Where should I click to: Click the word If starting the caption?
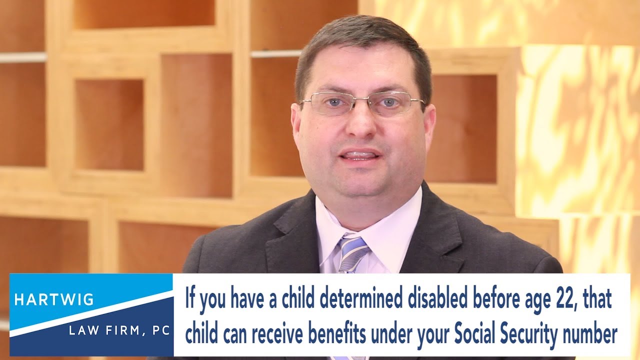point(190,299)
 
